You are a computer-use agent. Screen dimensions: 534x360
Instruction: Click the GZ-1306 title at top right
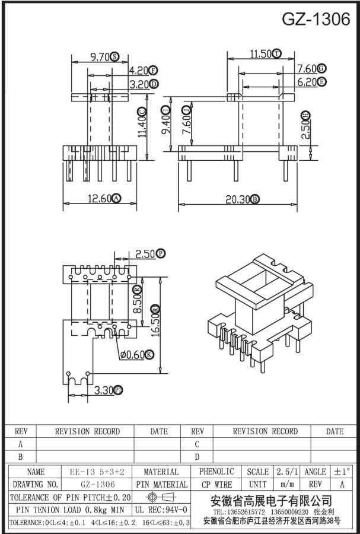pos(316,20)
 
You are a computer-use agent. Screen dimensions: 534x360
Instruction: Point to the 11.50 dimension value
pos(260,54)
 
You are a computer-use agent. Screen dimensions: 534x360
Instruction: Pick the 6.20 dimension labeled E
pos(307,82)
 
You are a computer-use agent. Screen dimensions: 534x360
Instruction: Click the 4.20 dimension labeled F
pos(139,70)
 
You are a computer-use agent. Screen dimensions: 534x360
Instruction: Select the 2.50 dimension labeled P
pos(145,254)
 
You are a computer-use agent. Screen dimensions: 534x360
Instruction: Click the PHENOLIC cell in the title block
pos(216,472)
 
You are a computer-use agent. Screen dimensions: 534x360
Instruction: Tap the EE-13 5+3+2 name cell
pos(97,472)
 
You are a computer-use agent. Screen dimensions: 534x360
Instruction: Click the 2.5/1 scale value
pos(287,472)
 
